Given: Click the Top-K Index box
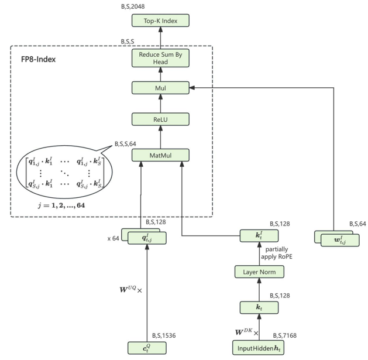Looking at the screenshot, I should (x=161, y=21).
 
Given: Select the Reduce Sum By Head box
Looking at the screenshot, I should (x=161, y=58).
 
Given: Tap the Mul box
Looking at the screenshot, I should (x=161, y=88).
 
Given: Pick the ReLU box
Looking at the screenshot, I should (x=161, y=119).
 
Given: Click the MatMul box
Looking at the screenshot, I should (x=161, y=155).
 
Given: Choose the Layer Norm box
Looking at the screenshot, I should (x=259, y=272).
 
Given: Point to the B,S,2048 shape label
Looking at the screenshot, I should (x=135, y=6).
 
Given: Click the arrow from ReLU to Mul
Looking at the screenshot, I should (x=161, y=104).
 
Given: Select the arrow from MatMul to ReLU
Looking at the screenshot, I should (x=161, y=137).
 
